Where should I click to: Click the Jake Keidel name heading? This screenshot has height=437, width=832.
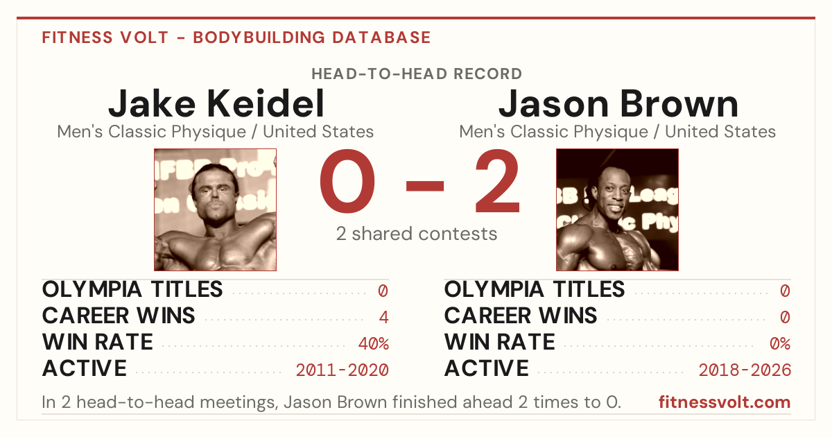point(216,103)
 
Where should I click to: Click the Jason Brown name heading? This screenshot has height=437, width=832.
point(618,103)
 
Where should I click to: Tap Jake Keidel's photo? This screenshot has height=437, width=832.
point(215,209)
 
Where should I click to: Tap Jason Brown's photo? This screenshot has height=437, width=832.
point(617,209)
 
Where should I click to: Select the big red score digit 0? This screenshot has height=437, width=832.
point(347,181)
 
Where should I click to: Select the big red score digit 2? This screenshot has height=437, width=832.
point(497,181)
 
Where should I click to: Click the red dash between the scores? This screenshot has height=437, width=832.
point(425,186)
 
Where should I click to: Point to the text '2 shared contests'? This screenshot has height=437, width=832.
point(417,234)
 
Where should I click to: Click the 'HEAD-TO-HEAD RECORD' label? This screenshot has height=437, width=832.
point(417,74)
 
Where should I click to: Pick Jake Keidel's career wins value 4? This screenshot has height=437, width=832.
point(383,317)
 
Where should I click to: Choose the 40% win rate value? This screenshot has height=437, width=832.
point(374,343)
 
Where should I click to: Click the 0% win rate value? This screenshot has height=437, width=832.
point(780,343)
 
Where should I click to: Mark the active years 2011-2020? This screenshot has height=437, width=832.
point(342,370)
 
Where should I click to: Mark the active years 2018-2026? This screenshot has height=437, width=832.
point(745,370)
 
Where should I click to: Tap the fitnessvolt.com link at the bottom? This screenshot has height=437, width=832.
point(725,402)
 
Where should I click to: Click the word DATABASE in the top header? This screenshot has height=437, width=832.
point(381,37)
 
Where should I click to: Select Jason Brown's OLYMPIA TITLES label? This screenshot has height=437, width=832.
point(535,289)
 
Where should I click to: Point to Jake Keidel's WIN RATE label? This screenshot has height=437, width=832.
point(97,342)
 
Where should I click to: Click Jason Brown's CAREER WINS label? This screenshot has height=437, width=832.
point(521,316)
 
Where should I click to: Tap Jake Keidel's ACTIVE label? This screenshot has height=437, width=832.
point(85,368)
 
